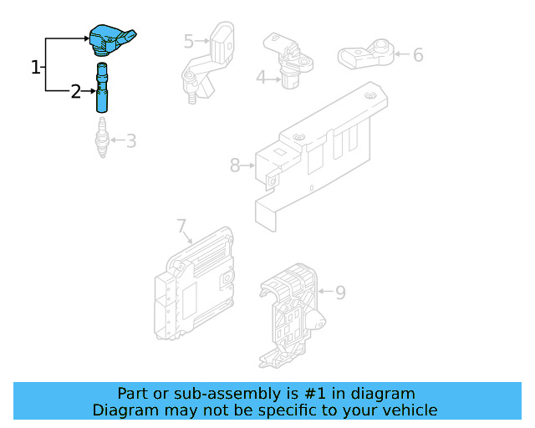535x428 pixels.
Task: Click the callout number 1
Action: [x=36, y=67]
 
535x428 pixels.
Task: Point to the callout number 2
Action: [x=75, y=92]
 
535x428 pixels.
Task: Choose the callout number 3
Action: [x=131, y=140]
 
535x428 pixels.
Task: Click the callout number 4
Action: [x=261, y=78]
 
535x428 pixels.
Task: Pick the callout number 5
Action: [x=189, y=40]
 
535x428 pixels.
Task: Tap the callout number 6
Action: [x=417, y=55]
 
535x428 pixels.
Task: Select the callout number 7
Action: [x=181, y=225]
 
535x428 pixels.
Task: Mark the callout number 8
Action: [x=235, y=166]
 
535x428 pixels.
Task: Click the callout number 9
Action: [x=339, y=293]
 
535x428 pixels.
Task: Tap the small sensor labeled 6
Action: [x=364, y=55]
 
